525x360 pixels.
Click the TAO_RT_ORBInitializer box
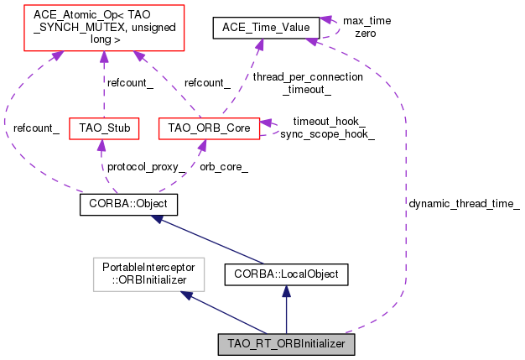tap(286, 343)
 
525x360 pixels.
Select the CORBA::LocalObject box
tap(286, 274)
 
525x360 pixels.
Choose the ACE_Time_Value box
tap(266, 28)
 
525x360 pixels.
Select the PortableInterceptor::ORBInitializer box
tap(143, 274)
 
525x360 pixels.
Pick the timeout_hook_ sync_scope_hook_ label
tap(327, 128)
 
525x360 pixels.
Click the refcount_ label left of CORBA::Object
tap(35, 128)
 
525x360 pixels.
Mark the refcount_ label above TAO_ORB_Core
tap(207, 82)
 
